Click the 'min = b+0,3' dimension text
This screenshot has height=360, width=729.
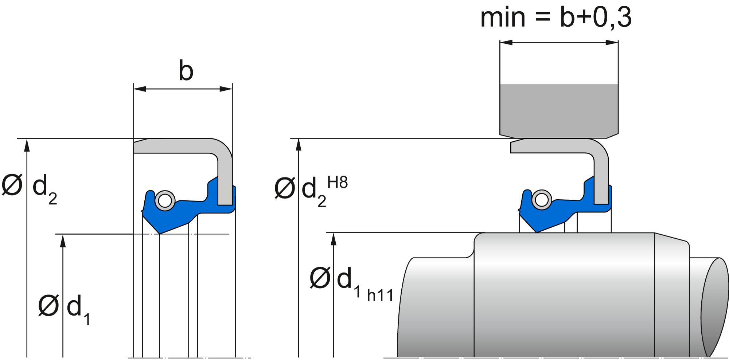pos(556,17)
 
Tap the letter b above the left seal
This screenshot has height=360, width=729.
pos(186,71)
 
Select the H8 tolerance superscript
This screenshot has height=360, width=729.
pos(338,182)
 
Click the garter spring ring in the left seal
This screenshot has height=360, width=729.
pos(165,200)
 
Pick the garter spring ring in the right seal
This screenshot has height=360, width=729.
pos(542,200)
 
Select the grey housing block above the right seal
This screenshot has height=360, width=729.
pos(559,109)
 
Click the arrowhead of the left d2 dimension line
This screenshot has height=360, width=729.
pos(27,144)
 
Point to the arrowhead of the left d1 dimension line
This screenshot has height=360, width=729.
pos(63,240)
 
